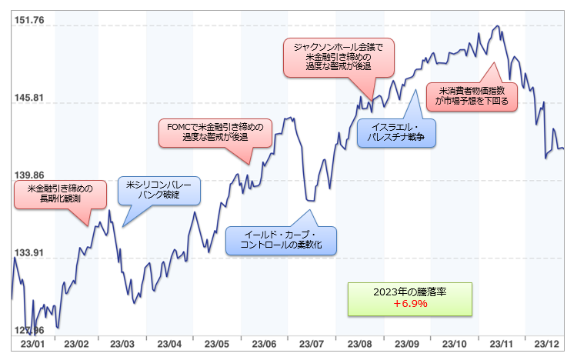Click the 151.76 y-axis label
[28, 20]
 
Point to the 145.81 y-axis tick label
[28, 98]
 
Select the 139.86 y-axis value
[28, 175]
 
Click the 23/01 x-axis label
[32, 344]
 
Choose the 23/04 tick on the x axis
[170, 344]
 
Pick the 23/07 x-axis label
[310, 344]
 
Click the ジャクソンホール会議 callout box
[338, 57]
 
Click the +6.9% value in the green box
[410, 304]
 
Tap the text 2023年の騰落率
[410, 292]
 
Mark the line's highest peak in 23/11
[498, 26]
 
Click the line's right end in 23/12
[563, 148]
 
